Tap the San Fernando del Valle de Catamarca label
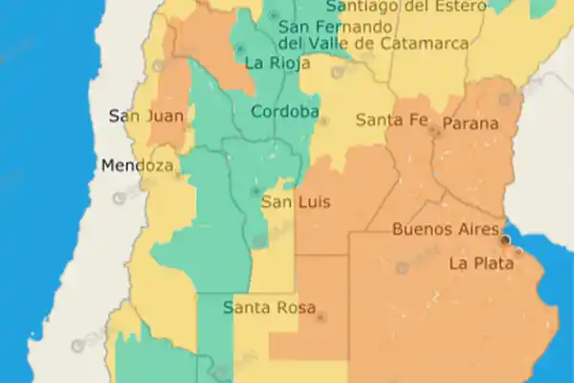coord(373,34)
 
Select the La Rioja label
coord(277,64)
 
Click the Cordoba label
coord(284,112)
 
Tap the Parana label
coord(470,124)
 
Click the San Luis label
coord(296,202)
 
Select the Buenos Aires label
coord(446,230)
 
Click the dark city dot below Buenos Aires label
coord(506,239)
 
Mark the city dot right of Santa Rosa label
coord(320,317)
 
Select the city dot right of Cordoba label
coord(323,122)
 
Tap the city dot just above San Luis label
coord(254,191)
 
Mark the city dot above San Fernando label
coord(275,15)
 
